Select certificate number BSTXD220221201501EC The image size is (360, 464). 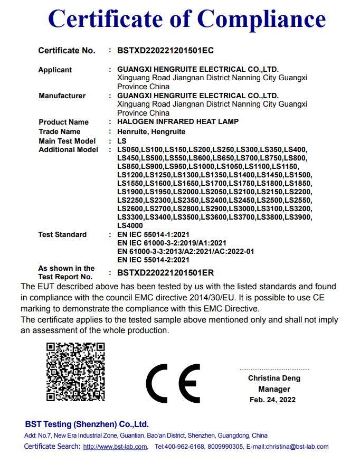(165, 51)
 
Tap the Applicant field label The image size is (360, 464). (55, 70)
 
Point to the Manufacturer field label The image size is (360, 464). (62, 96)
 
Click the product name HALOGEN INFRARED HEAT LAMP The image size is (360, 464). (178, 121)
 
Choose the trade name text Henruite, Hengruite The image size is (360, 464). (151, 131)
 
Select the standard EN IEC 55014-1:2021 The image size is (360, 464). (153, 234)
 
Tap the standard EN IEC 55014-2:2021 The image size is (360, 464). (153, 260)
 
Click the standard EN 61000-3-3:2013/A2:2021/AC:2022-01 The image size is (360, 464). (185, 251)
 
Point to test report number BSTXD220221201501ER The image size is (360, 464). (165, 272)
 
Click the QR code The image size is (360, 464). (75, 372)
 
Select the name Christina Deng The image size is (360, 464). (274, 378)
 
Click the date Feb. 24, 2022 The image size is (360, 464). (272, 400)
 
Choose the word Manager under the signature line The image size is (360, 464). (274, 389)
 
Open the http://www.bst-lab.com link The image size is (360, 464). (115, 447)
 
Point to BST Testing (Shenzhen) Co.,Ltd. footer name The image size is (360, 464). (87, 424)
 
